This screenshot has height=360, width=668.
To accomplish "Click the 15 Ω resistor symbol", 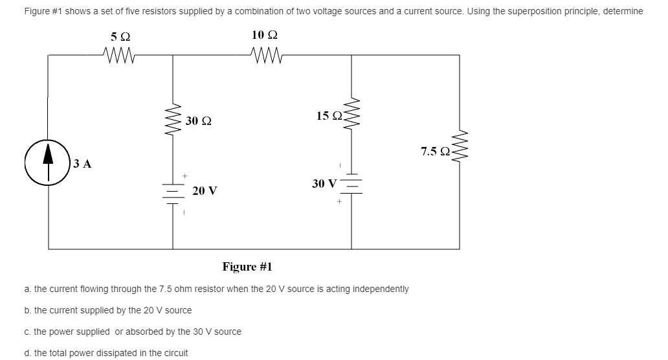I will pos(351,117).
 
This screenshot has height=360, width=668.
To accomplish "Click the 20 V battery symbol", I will pos(172,192).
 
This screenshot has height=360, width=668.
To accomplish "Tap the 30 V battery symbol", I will pos(351,183).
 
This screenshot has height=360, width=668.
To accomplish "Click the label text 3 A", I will pos(82,164).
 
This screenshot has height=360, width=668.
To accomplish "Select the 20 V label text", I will pos(205,191).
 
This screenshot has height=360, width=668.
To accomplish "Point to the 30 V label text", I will pos(324,183).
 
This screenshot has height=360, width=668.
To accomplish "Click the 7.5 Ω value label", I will pos(434,152).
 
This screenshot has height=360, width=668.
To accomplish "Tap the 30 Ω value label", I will pos(198,121).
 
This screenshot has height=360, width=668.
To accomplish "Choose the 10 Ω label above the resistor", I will pos(265,34).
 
